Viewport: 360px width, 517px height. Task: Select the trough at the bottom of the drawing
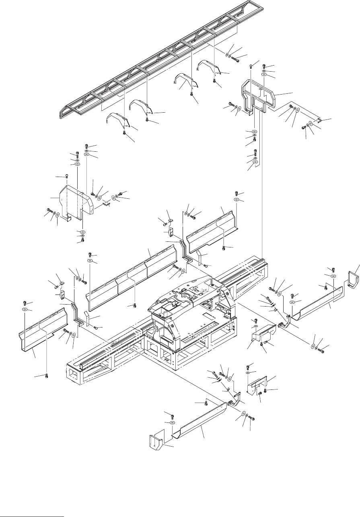tap(199, 422)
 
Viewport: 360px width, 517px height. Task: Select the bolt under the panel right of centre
tap(224, 247)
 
